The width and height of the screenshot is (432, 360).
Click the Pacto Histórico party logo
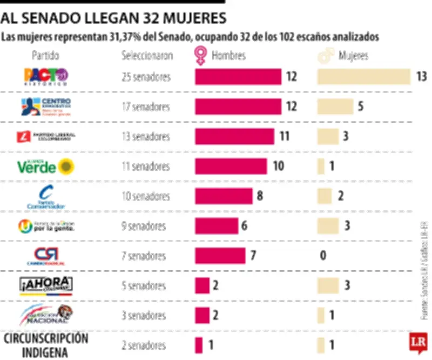pos(46,77)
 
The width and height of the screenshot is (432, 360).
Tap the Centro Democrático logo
pos(46,106)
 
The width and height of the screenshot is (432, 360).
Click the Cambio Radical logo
pos(46,256)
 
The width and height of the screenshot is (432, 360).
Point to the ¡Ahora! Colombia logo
pos(46,284)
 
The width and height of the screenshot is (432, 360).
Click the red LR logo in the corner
pos(417,343)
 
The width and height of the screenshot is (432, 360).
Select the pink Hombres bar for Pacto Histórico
pos(238,77)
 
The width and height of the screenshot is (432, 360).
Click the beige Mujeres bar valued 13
pos(363,77)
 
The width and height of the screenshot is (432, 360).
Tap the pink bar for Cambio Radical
pos(220,255)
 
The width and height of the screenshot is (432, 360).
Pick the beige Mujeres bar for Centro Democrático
pos(335,106)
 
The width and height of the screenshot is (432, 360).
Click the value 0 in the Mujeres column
pos(323,255)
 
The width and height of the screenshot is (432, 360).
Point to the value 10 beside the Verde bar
pos(278,166)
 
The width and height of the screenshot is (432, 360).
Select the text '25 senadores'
pos(146,77)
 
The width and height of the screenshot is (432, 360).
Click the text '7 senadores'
pos(144,255)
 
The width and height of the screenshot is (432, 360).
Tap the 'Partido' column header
pos(45,56)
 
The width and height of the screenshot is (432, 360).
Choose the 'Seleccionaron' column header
pos(147,56)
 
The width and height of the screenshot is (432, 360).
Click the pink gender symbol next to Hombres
pos(200,56)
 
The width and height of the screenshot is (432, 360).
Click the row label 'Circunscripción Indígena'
pos(46,345)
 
